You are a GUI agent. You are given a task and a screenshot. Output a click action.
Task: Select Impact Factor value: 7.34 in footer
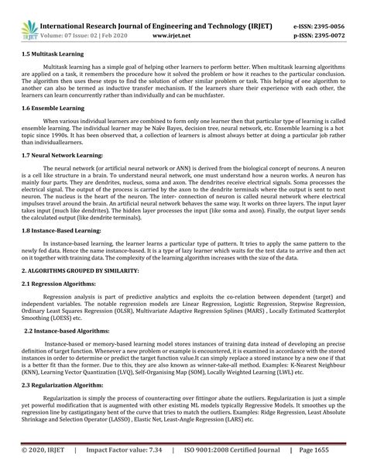(x=125, y=449)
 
